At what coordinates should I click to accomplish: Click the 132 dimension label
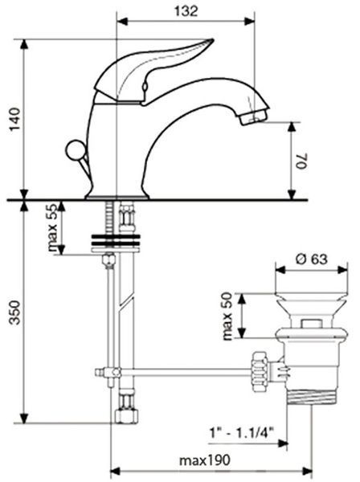click(186, 11)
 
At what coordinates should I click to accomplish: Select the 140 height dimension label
click(14, 120)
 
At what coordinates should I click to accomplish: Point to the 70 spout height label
click(301, 161)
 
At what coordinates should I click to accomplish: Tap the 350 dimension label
click(14, 312)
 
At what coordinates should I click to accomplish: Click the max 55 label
click(52, 227)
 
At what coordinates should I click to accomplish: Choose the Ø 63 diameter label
click(312, 259)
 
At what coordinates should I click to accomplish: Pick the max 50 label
click(227, 317)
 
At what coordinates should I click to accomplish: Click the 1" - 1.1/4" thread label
click(241, 434)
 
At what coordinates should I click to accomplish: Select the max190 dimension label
click(204, 460)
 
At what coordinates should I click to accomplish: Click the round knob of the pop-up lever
click(76, 150)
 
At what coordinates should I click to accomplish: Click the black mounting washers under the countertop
click(116, 240)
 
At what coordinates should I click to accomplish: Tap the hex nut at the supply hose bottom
click(126, 416)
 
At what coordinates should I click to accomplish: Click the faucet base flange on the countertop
click(117, 197)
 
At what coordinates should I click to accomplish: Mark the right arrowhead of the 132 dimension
click(249, 21)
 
